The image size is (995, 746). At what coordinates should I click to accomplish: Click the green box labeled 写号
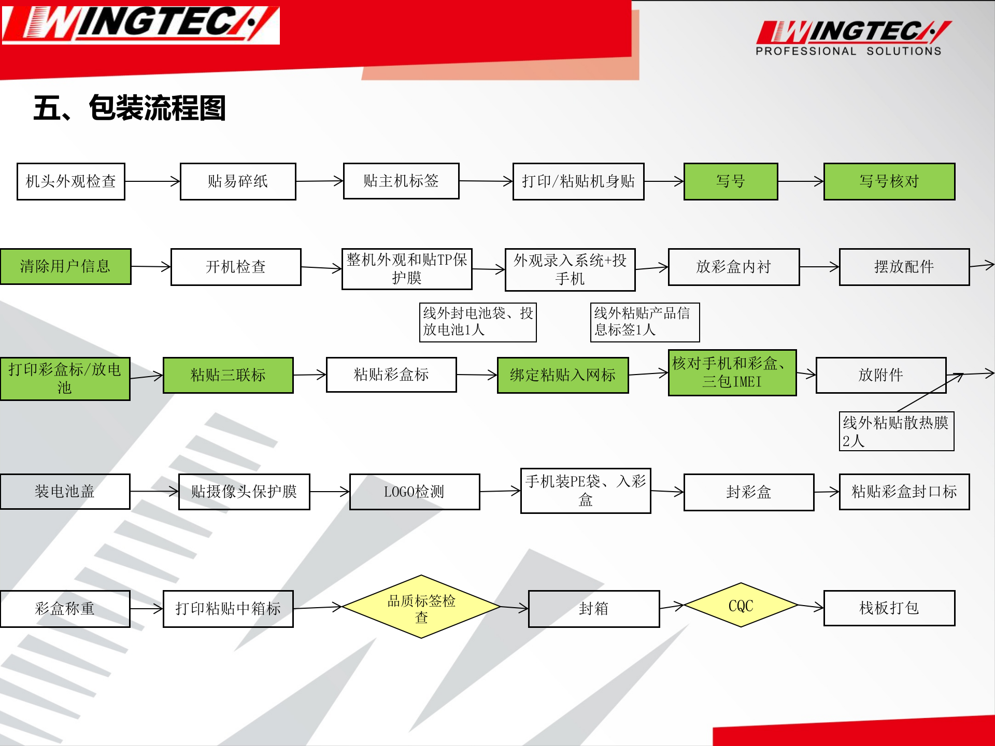click(x=731, y=181)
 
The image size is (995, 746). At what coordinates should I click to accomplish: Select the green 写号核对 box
click(x=889, y=181)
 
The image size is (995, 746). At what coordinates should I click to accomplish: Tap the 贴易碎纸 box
click(x=238, y=181)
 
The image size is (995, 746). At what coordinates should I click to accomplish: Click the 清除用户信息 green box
click(x=65, y=266)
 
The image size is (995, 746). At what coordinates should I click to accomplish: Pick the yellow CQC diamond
click(x=741, y=605)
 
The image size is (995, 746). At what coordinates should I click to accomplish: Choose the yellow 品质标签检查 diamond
click(x=421, y=607)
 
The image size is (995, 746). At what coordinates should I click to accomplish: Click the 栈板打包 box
click(x=889, y=608)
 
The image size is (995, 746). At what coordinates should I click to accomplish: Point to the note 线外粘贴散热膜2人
click(x=896, y=432)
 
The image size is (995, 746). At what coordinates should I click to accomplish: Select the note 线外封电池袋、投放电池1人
click(x=477, y=322)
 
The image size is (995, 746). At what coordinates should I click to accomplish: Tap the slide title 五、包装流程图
click(x=130, y=108)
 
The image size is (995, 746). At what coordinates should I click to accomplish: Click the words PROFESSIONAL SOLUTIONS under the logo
click(x=848, y=51)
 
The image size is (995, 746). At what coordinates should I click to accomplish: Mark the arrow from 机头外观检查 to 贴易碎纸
click(x=152, y=181)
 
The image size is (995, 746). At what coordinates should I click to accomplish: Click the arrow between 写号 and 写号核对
click(x=801, y=181)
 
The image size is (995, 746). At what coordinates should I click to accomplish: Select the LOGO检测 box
click(x=414, y=492)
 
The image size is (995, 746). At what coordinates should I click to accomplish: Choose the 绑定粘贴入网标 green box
click(x=563, y=375)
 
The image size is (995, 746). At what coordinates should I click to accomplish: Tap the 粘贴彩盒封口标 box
click(x=904, y=492)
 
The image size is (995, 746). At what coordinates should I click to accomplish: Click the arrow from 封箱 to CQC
click(x=672, y=606)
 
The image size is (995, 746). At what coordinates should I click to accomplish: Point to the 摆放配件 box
click(x=904, y=267)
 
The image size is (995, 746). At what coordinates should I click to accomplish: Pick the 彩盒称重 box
click(x=65, y=609)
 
